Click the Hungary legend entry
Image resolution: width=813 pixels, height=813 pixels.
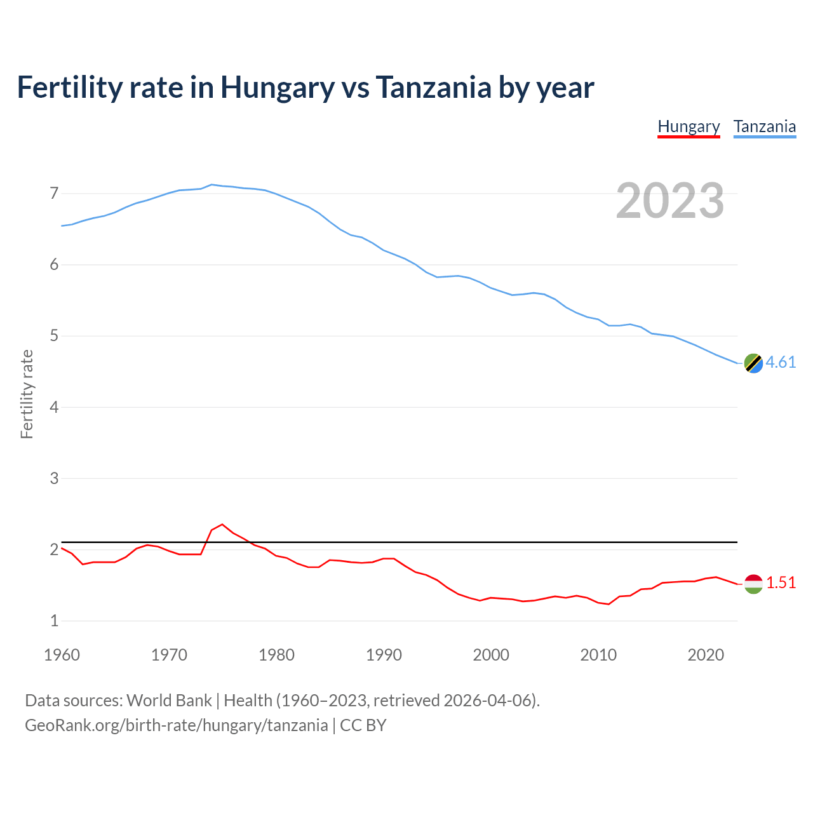point(689,126)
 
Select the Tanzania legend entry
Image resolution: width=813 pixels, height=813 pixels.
point(765,126)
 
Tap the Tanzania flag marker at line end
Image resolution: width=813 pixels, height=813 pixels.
point(753,363)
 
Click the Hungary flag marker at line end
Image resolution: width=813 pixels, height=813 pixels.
point(753,584)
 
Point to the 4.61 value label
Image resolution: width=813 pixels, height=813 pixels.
point(781,362)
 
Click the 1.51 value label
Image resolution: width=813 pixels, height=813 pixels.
point(781,582)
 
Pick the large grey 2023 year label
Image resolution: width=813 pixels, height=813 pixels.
point(670,201)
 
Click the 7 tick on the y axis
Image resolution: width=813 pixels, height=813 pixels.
point(54,193)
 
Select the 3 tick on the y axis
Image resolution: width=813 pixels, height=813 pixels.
point(54,478)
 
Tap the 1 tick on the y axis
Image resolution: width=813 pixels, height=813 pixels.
point(54,621)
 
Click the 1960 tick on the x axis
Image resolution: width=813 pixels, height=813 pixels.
point(62,655)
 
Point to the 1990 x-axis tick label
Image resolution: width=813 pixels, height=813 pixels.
point(384,655)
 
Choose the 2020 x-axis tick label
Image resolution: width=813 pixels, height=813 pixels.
point(706,655)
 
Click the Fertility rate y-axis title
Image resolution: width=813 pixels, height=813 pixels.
point(27,394)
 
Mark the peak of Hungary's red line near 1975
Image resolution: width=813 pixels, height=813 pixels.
point(222,525)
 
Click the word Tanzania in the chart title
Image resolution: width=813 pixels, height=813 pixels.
point(433,87)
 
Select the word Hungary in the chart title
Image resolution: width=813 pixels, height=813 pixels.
point(277,87)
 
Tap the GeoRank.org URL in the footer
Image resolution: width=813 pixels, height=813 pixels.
point(176,725)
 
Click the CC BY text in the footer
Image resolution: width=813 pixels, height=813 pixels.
point(363,725)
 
